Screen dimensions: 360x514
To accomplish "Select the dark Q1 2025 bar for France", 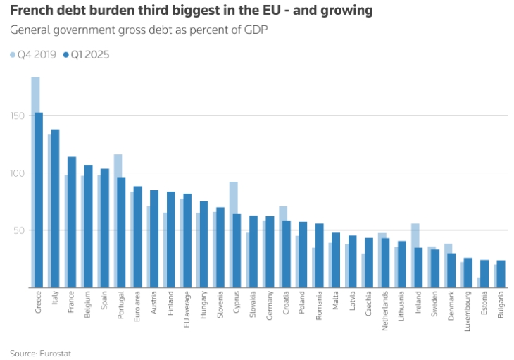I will [72, 222].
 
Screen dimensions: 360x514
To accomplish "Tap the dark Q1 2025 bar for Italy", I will [56, 209].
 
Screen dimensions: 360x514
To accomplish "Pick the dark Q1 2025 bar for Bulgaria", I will [501, 274].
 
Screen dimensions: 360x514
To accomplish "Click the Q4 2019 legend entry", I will [32, 54].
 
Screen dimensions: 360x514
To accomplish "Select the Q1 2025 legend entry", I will [86, 54].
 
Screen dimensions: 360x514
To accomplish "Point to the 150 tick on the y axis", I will [18, 116].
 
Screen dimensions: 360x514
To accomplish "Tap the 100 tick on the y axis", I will [18, 173].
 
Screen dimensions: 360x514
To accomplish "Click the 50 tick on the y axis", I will [20, 230].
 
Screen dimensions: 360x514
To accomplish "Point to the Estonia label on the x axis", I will [484, 305].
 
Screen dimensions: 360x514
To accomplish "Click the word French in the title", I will [29, 11].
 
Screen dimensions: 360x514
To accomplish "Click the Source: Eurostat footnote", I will [40, 352].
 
